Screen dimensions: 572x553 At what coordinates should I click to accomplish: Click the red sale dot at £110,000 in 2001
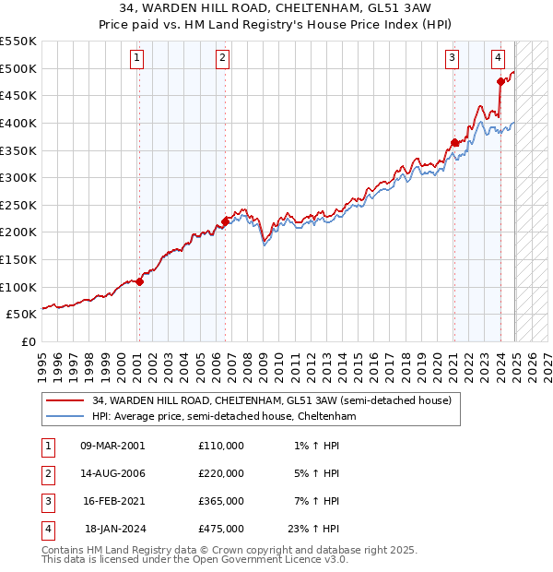click(x=139, y=281)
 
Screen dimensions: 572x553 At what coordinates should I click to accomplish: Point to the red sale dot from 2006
click(x=225, y=221)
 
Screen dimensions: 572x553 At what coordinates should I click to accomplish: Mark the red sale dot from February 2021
click(x=454, y=142)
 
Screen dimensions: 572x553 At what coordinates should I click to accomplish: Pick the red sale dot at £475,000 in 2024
click(x=500, y=81)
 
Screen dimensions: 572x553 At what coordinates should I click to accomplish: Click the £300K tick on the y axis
click(x=18, y=177)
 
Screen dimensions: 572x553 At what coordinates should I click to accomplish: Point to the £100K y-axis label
click(x=18, y=287)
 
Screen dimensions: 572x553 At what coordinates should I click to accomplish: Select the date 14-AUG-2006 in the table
click(x=112, y=473)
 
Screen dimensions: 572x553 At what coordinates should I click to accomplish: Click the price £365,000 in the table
click(x=221, y=501)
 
